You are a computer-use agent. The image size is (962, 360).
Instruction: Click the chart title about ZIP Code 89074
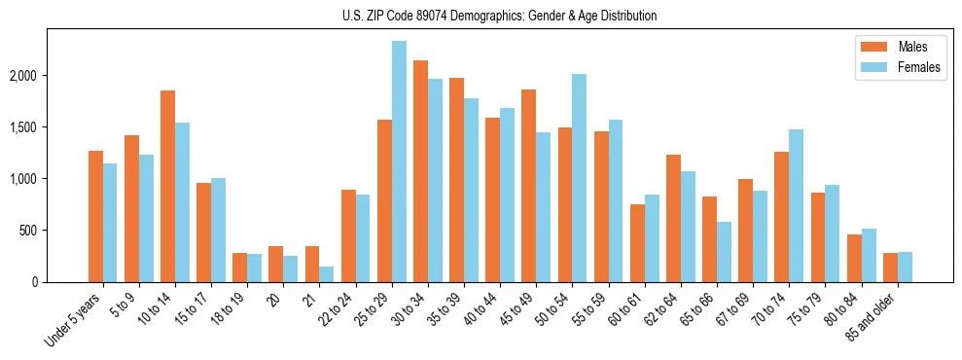tap(500, 16)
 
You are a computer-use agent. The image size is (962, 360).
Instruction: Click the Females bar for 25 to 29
tap(399, 162)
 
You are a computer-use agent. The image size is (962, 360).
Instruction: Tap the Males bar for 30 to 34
tap(420, 171)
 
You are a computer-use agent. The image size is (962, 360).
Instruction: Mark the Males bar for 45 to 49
tap(529, 186)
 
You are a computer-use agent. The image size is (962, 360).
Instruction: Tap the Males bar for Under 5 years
tap(95, 217)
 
